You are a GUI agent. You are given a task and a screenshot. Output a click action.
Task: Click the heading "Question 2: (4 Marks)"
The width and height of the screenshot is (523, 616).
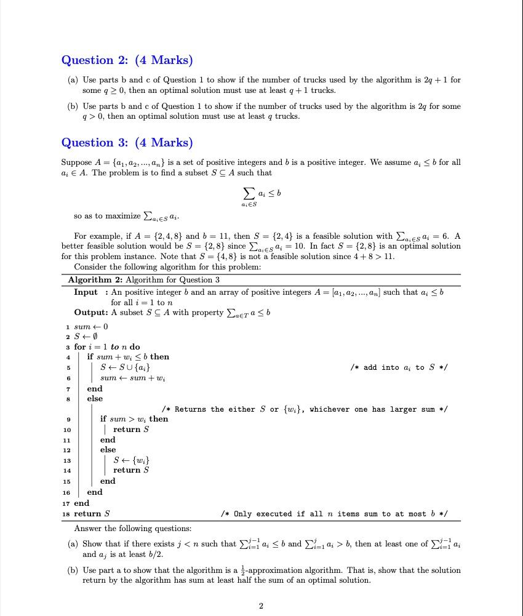pos(127,60)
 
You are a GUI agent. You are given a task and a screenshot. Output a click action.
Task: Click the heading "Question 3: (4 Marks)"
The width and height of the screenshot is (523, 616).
pos(127,143)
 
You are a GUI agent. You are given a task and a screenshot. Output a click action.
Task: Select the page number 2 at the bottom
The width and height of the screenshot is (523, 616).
pos(261,606)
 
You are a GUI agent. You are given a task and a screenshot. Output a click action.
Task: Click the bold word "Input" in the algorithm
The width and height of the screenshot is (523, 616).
pos(86,292)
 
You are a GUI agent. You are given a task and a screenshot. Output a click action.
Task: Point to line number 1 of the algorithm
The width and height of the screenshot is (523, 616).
pos(67,327)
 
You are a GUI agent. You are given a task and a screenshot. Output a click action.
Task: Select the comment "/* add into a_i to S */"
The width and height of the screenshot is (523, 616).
pos(398,367)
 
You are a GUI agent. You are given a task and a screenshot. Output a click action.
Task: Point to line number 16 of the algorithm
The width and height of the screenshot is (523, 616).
pos(67,493)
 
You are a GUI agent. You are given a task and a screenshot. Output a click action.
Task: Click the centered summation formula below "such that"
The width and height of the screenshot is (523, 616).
pos(261,195)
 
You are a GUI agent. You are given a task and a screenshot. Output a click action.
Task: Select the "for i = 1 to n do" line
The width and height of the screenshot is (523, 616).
pos(106,347)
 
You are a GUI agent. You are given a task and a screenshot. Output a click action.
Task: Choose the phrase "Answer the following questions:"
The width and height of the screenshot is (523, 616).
pos(132,529)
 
